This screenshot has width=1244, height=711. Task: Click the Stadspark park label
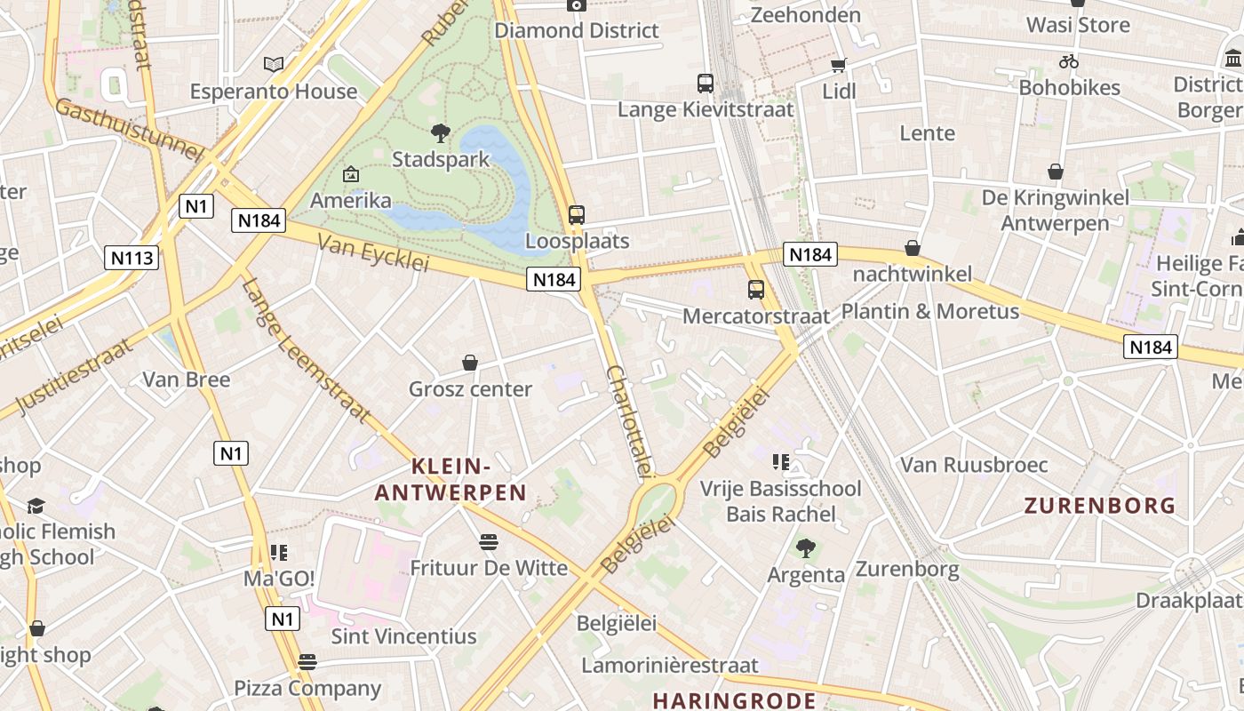(441, 160)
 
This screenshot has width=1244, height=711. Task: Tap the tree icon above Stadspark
(440, 134)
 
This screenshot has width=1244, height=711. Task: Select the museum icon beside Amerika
(350, 174)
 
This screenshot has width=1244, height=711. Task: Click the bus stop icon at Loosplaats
(577, 214)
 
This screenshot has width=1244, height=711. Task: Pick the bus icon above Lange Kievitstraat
(706, 84)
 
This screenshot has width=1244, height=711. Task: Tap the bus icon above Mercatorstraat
(756, 289)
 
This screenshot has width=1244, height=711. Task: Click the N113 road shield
(132, 258)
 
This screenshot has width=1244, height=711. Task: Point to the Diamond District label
(577, 30)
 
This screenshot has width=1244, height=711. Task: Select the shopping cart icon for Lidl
(838, 65)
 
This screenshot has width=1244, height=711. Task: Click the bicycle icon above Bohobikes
(1069, 61)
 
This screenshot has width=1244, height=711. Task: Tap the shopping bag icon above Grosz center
(470, 363)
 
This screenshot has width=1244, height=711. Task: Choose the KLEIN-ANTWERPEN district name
(451, 479)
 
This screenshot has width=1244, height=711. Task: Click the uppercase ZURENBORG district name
(1100, 506)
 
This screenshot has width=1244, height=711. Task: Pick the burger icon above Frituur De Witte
(488, 541)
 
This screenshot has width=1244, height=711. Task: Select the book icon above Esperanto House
(274, 64)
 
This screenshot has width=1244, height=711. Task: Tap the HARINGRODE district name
(734, 700)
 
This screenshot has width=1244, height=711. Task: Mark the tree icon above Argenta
(805, 548)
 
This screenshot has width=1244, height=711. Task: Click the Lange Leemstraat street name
(306, 349)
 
